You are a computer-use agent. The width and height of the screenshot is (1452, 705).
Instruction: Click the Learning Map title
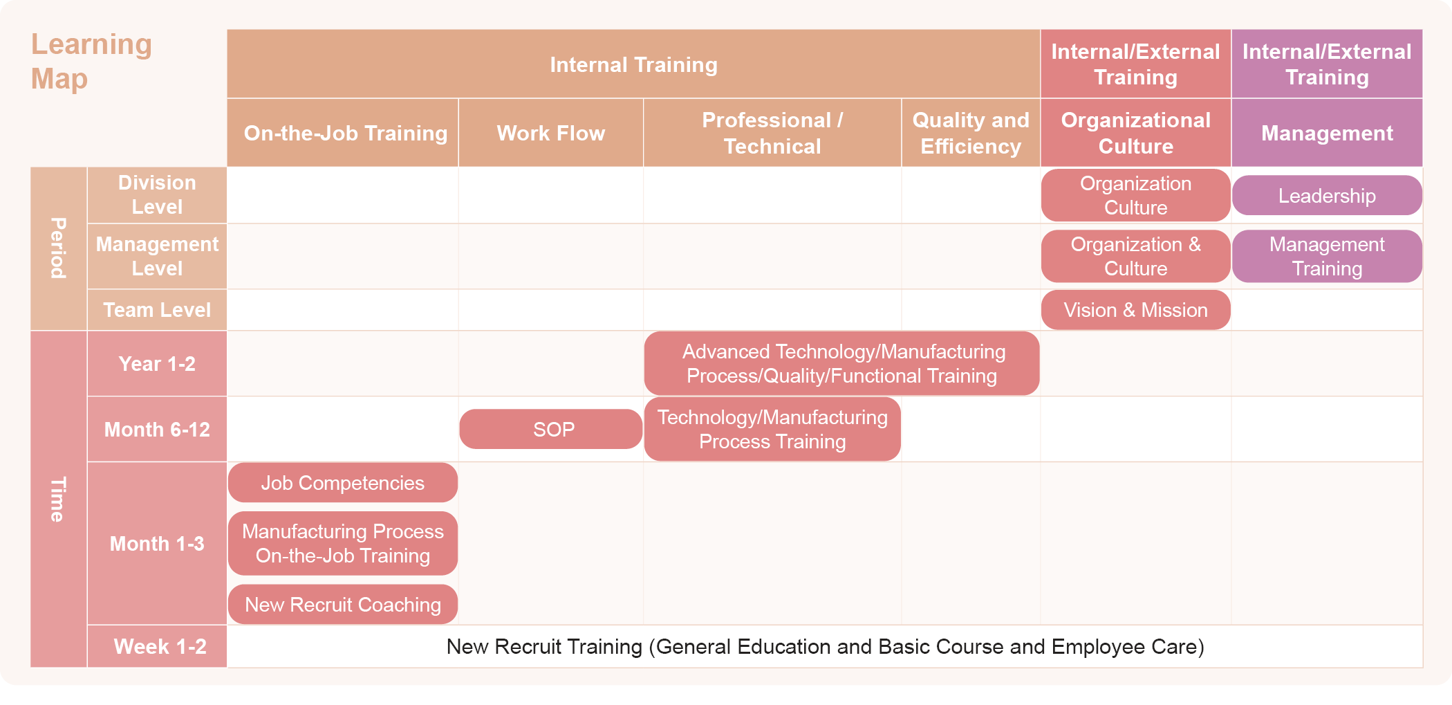coord(91,62)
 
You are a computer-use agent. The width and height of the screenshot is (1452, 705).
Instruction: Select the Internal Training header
coord(633,64)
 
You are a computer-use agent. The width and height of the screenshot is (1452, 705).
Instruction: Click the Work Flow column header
coord(551,133)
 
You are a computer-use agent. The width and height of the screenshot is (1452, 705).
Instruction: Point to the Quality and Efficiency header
coord(971,133)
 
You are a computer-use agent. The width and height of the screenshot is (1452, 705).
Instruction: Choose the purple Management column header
coord(1327,133)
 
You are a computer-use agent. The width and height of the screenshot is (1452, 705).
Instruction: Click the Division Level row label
coord(157,195)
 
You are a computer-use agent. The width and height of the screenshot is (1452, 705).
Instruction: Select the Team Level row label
coord(157,310)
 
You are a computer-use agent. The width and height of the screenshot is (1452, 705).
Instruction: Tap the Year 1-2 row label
coord(157,364)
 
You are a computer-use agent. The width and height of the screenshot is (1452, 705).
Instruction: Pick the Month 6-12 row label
coord(157,430)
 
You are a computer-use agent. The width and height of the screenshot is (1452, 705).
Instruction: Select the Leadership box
coord(1327,196)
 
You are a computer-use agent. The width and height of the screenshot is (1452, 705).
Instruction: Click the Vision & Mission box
coord(1135,310)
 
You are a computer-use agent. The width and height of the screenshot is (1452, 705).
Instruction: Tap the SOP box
coord(551,430)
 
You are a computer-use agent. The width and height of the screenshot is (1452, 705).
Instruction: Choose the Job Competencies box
coord(343,483)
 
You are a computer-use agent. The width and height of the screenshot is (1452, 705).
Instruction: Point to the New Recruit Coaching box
coord(343,605)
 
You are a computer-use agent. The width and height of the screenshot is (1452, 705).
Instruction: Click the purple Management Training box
coord(1327,256)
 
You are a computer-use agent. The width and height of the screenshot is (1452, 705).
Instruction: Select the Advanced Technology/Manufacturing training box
coord(841,364)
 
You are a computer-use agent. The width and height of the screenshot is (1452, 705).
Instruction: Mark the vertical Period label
coord(58,248)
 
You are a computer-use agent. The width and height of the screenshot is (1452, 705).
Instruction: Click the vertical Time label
coord(58,499)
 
